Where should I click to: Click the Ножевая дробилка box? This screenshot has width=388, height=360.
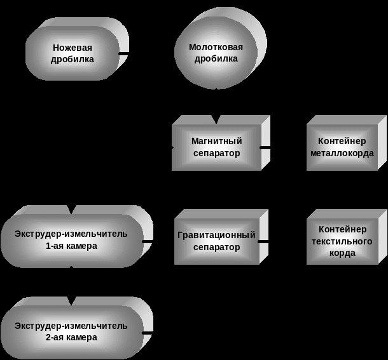pos(72,53)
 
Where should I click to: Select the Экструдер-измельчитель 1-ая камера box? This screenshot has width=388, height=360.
pos(71,240)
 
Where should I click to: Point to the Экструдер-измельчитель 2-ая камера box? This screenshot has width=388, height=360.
pos(71,331)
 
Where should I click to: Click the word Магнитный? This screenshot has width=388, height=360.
pos(216,142)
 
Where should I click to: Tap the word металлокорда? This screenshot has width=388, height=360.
pos(342,154)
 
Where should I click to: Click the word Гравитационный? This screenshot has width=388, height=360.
pos(216,236)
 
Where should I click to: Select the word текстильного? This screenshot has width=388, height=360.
pos(342,241)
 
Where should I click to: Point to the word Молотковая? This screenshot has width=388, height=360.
pos(216,47)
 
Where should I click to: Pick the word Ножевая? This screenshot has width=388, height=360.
pos(72,48)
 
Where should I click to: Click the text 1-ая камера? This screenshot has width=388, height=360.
pos(71,246)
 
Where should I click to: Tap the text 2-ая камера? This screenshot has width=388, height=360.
pos(71,338)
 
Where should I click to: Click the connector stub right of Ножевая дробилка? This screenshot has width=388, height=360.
pos(124,53)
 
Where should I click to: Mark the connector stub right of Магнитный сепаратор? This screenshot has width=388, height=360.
pos(265,147)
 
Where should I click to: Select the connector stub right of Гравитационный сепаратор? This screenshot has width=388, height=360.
pos(263,241)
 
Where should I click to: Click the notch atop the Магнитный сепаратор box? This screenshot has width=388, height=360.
pos(216,119)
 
